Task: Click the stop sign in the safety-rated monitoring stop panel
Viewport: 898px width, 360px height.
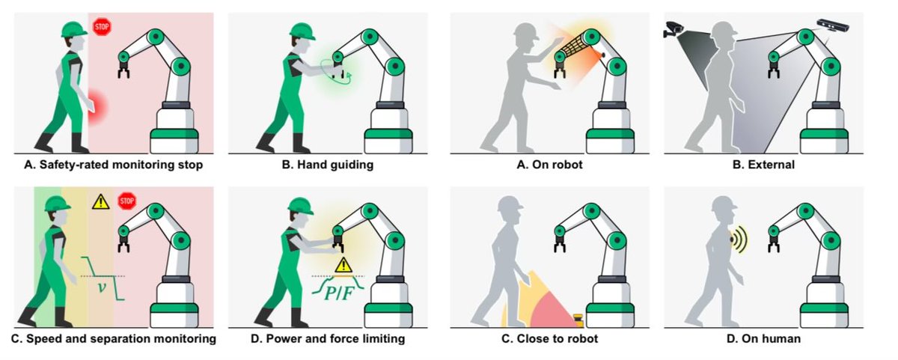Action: click(x=101, y=27)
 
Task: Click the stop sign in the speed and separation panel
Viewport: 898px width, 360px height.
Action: click(x=127, y=200)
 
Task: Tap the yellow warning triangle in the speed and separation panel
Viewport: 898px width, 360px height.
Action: click(x=100, y=201)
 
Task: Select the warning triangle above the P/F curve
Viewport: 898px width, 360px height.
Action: click(x=343, y=264)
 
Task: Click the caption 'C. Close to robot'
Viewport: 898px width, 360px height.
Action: click(x=549, y=339)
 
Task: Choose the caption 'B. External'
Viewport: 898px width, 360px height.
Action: click(x=763, y=164)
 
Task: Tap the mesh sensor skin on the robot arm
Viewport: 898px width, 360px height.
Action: click(x=575, y=49)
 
